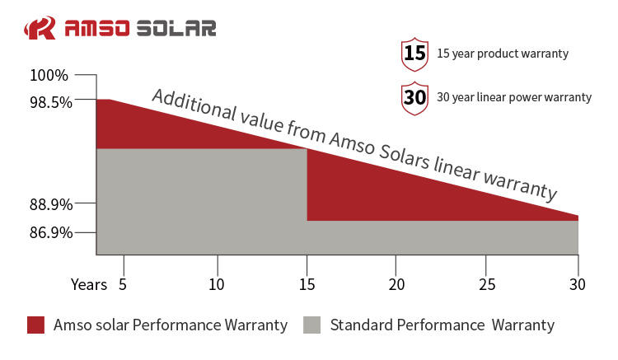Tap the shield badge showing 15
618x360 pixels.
pos(414,54)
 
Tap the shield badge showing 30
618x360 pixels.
pos(414,97)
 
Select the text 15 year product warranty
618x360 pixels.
pos(503,54)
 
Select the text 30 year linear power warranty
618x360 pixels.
pos(514,97)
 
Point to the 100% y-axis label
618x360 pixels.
pos(49,76)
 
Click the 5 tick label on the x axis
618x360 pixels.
pos(123,284)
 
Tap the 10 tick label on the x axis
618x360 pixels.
pos(218,284)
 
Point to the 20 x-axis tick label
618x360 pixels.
pos(396,284)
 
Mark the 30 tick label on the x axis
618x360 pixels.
pos(577,284)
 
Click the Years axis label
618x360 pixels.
pos(88,284)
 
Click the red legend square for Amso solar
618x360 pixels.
pos(35,325)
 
